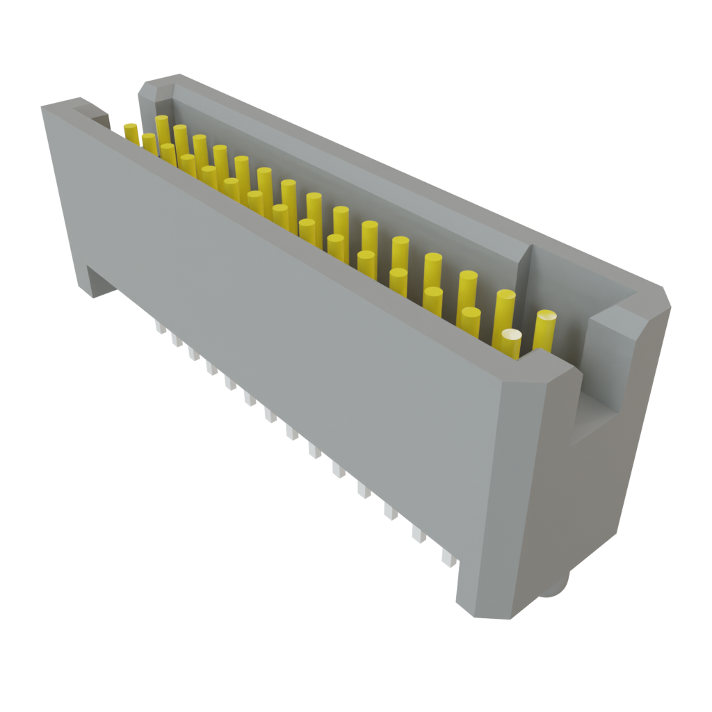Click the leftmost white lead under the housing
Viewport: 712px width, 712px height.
159,327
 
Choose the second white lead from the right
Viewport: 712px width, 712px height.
419,534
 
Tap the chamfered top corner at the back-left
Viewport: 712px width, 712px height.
156,86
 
